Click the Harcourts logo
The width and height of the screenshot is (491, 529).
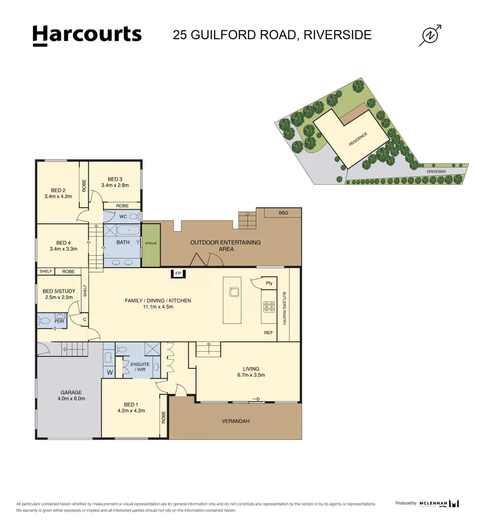[87, 35]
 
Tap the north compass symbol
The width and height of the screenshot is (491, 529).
[431, 35]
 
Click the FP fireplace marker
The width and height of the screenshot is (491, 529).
[178, 274]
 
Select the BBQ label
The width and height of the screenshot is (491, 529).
[283, 213]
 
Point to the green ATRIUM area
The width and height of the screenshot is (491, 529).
[151, 245]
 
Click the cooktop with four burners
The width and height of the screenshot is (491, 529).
[269, 307]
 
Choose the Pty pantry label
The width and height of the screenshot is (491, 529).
[269, 284]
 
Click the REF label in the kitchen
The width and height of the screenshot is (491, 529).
[269, 333]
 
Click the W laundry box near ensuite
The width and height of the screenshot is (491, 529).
[109, 373]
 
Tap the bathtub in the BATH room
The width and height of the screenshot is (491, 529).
[128, 229]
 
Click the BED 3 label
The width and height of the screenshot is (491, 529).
[115, 179]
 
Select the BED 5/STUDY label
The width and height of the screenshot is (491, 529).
[59, 291]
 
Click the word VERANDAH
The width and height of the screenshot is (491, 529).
[236, 421]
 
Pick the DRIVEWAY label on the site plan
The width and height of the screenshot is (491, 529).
[436, 172]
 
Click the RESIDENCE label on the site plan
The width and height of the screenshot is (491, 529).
[358, 140]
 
